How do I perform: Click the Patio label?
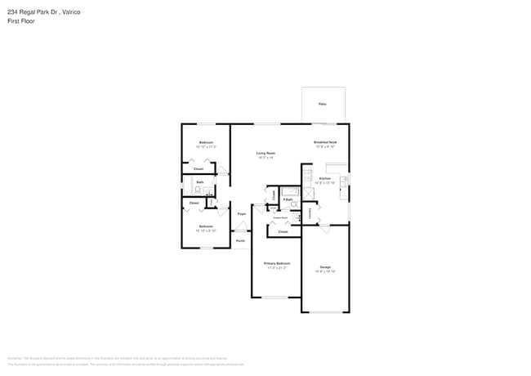click(323, 105)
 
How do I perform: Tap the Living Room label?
click(265, 153)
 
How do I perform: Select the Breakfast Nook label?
click(326, 142)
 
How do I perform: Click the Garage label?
click(325, 267)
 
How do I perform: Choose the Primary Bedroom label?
click(277, 263)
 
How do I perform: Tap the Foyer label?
click(242, 213)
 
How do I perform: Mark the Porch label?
click(240, 241)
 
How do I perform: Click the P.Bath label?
click(288, 199)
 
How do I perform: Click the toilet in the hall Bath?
click(197, 190)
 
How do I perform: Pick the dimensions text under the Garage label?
click(325, 271)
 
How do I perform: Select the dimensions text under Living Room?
click(265, 158)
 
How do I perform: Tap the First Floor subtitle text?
click(22, 22)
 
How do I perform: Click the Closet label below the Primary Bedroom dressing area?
click(283, 232)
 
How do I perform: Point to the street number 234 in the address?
click(12, 12)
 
